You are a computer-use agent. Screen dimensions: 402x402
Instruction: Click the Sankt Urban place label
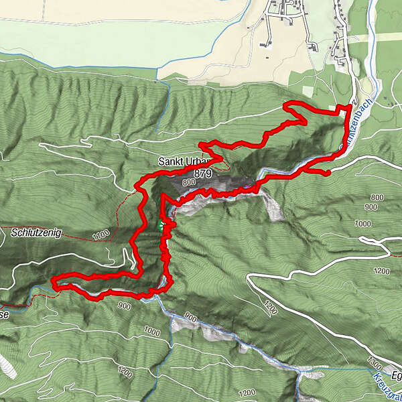pyautogui.click(x=181, y=161)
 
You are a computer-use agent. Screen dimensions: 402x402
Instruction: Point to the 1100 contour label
pyautogui.click(x=101, y=235)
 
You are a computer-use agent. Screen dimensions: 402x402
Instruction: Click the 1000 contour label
pyautogui.click(x=152, y=331)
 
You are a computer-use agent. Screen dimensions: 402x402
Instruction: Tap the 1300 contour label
pyautogui.click(x=374, y=365)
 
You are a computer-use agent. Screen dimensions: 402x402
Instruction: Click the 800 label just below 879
pyautogui.click(x=187, y=182)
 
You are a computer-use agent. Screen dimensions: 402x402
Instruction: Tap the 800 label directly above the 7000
pyautogui.click(x=377, y=197)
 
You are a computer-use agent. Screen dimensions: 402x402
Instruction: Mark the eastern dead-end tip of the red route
pyautogui.click(x=328, y=174)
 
